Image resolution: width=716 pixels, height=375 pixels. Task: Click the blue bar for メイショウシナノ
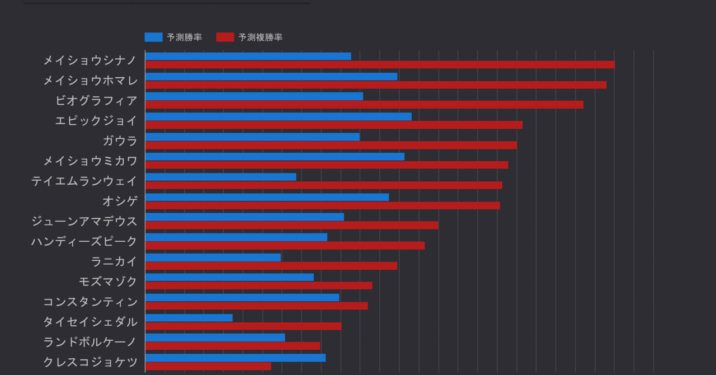click(x=248, y=56)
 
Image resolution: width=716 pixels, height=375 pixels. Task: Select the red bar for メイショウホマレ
click(x=375, y=85)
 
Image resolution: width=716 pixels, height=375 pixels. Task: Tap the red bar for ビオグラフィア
click(x=364, y=105)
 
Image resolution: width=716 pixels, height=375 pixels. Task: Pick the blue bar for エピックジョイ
click(x=278, y=116)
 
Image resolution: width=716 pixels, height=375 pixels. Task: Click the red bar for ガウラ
click(x=331, y=145)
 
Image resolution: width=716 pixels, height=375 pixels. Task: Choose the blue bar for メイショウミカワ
click(x=275, y=157)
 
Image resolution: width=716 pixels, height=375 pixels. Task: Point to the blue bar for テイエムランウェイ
click(x=220, y=177)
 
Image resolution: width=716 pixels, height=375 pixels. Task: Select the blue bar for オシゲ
click(x=267, y=197)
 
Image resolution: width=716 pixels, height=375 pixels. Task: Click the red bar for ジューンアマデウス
click(x=291, y=225)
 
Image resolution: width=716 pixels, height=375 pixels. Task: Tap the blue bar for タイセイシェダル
click(x=189, y=318)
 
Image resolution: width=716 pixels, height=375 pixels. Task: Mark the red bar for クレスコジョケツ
click(x=208, y=366)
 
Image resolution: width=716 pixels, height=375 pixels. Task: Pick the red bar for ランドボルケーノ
click(x=232, y=346)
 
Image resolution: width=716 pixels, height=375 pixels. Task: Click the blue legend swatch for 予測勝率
click(x=153, y=37)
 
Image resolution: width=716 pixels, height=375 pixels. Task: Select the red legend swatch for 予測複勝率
click(x=225, y=37)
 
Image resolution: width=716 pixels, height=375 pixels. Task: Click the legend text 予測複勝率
click(x=260, y=37)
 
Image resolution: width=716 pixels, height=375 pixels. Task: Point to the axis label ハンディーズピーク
click(x=84, y=241)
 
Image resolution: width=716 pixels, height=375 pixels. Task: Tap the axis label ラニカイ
click(x=114, y=261)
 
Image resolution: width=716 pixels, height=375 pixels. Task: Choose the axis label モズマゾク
click(x=108, y=282)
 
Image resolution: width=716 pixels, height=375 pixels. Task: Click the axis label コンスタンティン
click(x=90, y=302)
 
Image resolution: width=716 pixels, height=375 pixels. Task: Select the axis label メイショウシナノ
click(x=90, y=60)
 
